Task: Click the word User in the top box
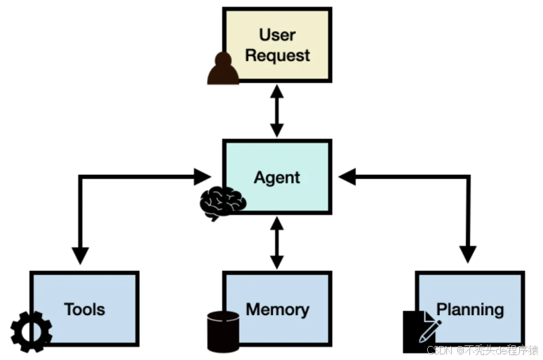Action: pyautogui.click(x=277, y=34)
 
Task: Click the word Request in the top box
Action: pyautogui.click(x=277, y=55)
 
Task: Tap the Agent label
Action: pyautogui.click(x=277, y=178)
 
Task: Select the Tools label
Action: pyautogui.click(x=84, y=309)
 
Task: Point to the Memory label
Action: pyautogui.click(x=277, y=309)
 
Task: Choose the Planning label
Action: pyautogui.click(x=470, y=309)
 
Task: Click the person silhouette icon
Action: pyautogui.click(x=223, y=69)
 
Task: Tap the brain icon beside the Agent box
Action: pyautogui.click(x=222, y=203)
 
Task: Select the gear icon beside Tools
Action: pyautogui.click(x=32, y=332)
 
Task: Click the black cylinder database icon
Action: pyautogui.click(x=223, y=331)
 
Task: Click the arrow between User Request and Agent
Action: pyautogui.click(x=277, y=111)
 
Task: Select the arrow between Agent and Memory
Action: pyautogui.click(x=277, y=243)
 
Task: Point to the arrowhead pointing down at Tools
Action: pyautogui.click(x=80, y=255)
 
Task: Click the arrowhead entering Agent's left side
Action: pyautogui.click(x=203, y=176)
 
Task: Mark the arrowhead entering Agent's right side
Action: pyautogui.click(x=347, y=177)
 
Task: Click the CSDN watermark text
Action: pyautogui.click(x=483, y=349)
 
